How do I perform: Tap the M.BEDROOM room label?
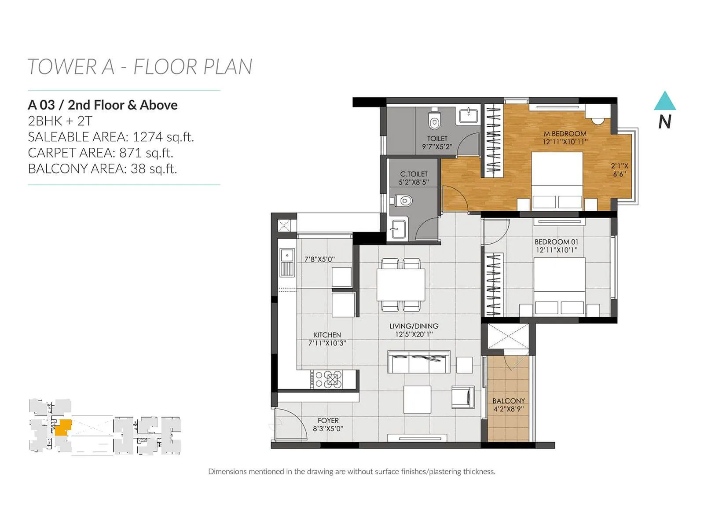coord(565,133)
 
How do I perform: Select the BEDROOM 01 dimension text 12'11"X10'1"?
coord(556,250)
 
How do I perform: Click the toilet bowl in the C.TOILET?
coord(403,202)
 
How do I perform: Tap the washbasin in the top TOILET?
coord(469,116)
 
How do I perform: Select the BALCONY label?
coord(509,401)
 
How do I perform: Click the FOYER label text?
coord(328,421)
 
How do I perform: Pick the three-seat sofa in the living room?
coord(418,362)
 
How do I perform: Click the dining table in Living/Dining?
coord(401,285)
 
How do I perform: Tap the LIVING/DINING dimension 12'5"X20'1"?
coord(414,334)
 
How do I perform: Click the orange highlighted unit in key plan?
coord(64,427)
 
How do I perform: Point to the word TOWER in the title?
coord(62,67)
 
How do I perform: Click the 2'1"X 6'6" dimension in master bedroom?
coord(620,170)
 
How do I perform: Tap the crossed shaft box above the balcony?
coord(508,337)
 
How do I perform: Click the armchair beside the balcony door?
coord(463,396)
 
